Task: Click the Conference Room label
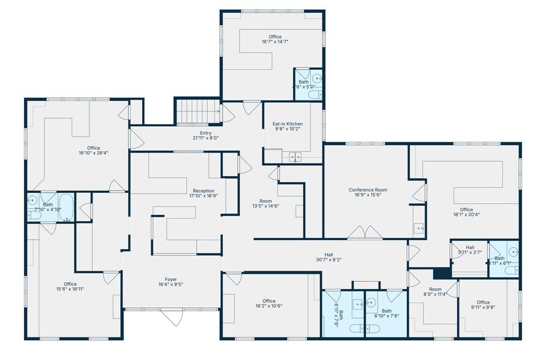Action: click(x=368, y=190)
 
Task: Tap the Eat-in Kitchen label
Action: click(x=287, y=124)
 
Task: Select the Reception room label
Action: click(x=203, y=191)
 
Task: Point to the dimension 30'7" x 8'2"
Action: click(x=328, y=260)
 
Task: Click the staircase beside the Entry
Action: click(x=198, y=111)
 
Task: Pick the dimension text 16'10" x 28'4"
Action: click(x=93, y=153)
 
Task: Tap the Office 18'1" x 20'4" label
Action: click(x=466, y=209)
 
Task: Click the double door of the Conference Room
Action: click(x=365, y=233)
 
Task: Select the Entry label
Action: click(x=205, y=133)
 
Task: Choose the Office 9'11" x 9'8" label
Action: click(x=483, y=302)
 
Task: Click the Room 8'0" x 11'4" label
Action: click(x=435, y=289)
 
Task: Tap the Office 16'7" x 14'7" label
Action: click(x=270, y=37)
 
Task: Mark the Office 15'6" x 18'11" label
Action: click(x=70, y=283)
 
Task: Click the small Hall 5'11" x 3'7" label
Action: click(x=470, y=247)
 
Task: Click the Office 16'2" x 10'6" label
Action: click(x=268, y=301)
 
